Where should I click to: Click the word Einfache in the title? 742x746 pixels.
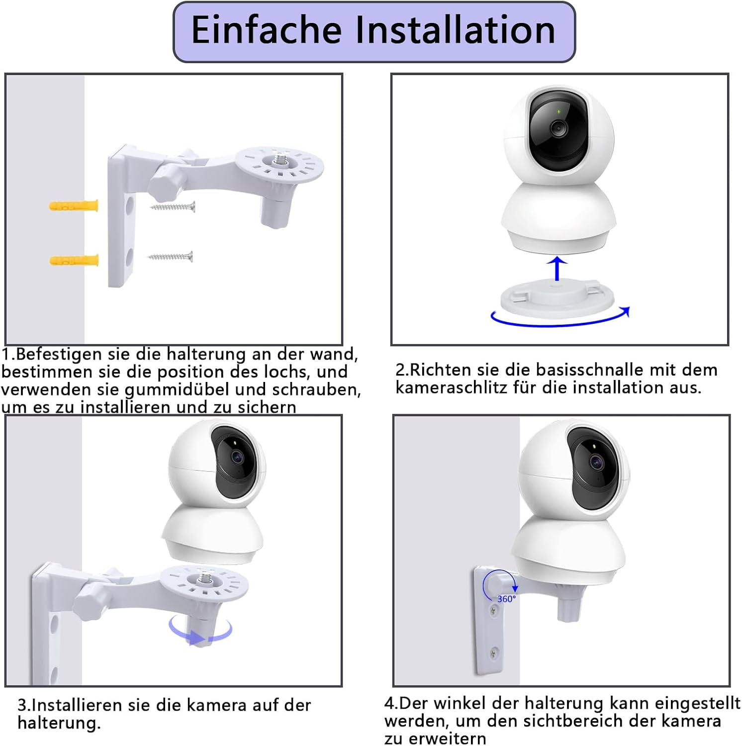point(266,30)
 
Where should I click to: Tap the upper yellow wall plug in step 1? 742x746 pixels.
point(74,205)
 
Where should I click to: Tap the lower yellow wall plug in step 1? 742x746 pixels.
point(74,260)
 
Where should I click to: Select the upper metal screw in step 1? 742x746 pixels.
point(173,206)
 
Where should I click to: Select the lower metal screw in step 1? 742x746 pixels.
point(170,257)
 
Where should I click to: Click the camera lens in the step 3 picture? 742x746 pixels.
point(237,456)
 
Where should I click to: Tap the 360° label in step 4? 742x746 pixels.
point(506,599)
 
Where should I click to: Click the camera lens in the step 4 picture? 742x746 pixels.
point(596,462)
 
